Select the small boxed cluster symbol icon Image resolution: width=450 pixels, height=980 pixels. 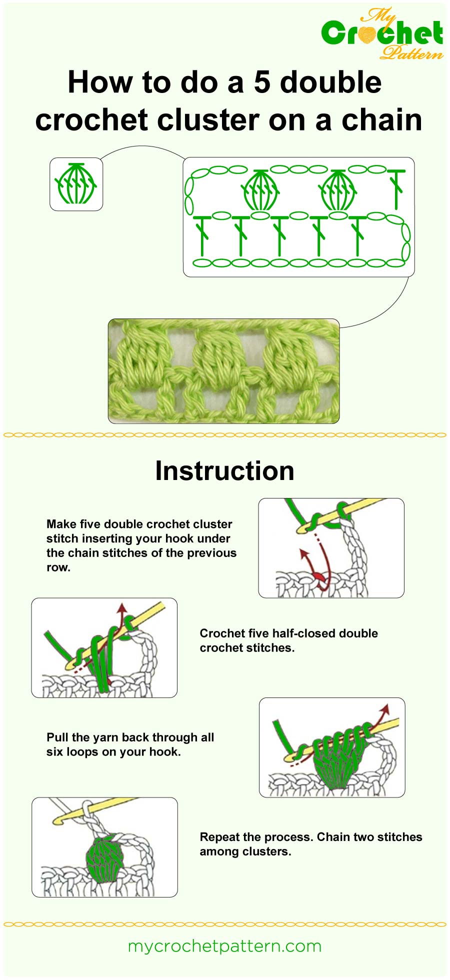point(76,184)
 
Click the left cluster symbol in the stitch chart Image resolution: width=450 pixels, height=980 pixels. point(260,190)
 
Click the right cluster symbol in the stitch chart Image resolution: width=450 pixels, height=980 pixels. point(338,190)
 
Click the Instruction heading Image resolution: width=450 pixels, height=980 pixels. point(224,471)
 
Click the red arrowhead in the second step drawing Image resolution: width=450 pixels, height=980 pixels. point(120,608)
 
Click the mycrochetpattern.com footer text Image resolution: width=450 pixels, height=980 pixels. point(224,946)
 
